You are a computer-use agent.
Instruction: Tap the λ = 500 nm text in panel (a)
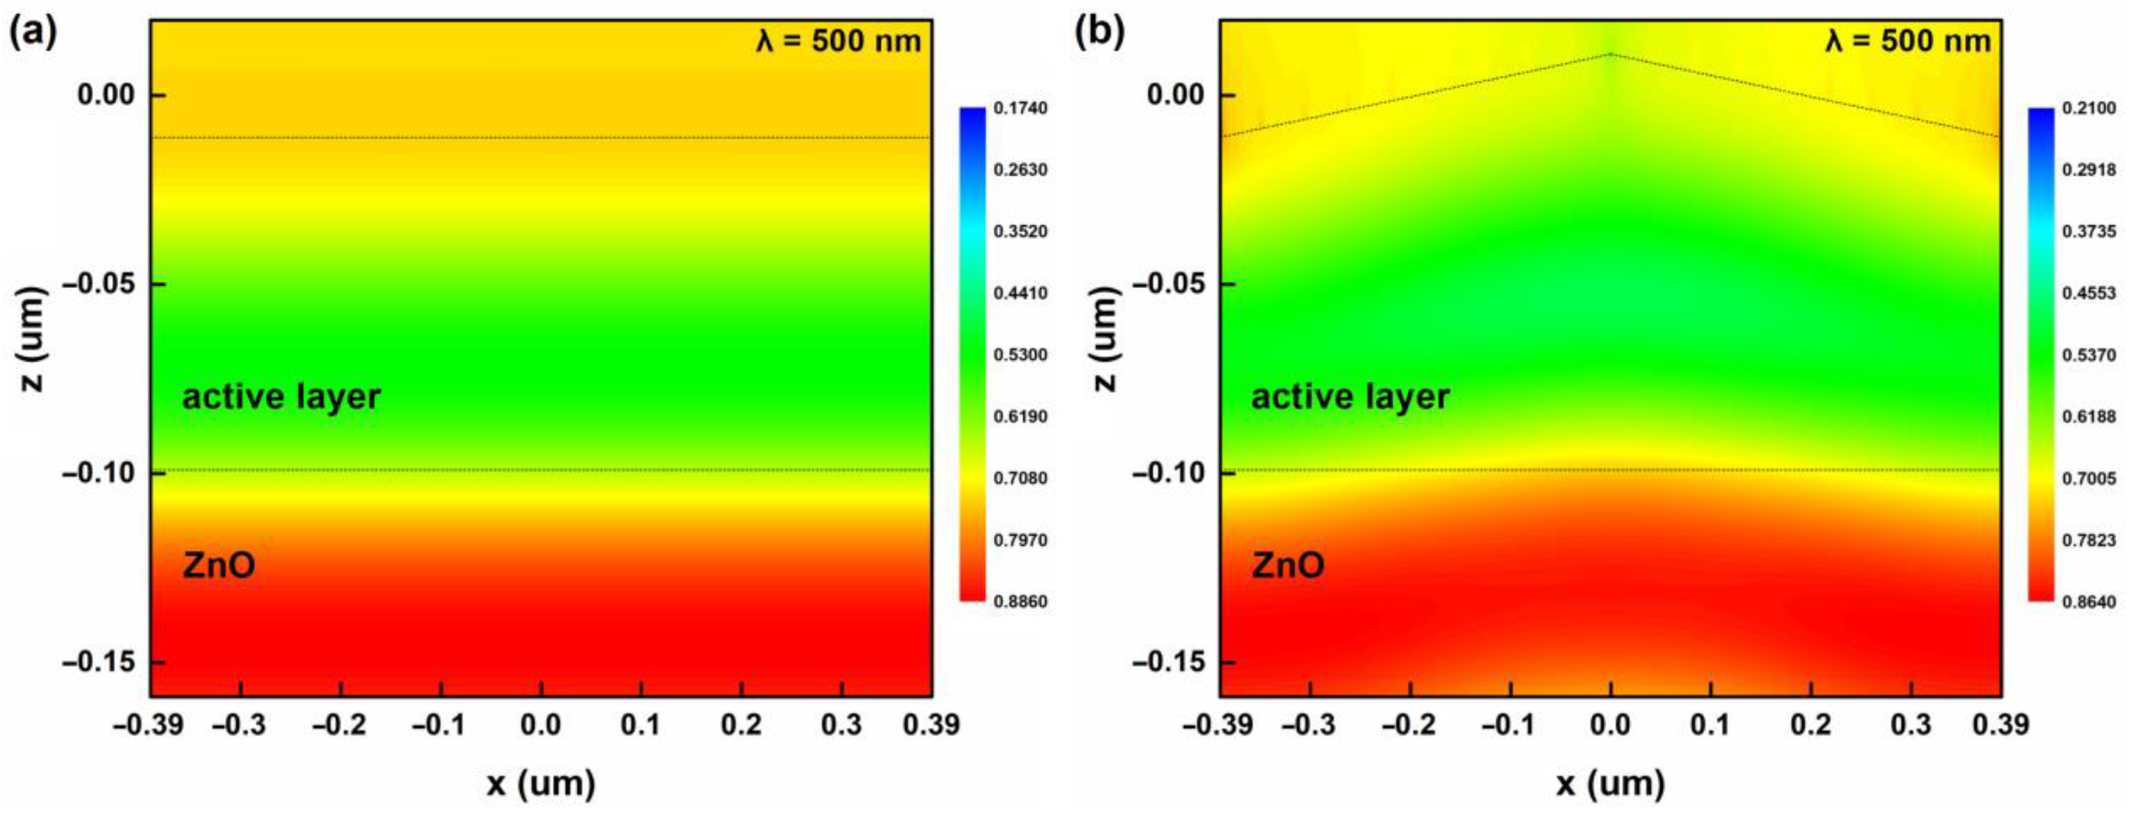pyautogui.click(x=838, y=41)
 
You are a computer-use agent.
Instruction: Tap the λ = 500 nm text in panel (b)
pyautogui.click(x=1907, y=41)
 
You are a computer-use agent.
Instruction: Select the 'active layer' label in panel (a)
pyautogui.click(x=281, y=397)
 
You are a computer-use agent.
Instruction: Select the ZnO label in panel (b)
pyautogui.click(x=1287, y=565)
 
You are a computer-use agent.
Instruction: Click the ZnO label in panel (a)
pyautogui.click(x=219, y=565)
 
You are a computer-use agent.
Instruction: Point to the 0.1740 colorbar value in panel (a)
pyautogui.click(x=1020, y=108)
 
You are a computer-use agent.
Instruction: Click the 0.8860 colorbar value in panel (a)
pyautogui.click(x=1020, y=601)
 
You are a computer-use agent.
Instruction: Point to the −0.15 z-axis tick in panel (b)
pyautogui.click(x=1167, y=663)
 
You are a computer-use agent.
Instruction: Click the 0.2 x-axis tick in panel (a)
pyautogui.click(x=741, y=725)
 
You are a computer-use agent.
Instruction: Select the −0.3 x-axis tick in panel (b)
pyautogui.click(x=1309, y=725)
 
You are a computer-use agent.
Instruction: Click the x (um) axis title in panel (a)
pyautogui.click(x=541, y=783)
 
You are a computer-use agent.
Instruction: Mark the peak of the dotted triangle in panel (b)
pyautogui.click(x=1611, y=54)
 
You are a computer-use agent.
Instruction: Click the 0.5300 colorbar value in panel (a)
pyautogui.click(x=1020, y=354)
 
